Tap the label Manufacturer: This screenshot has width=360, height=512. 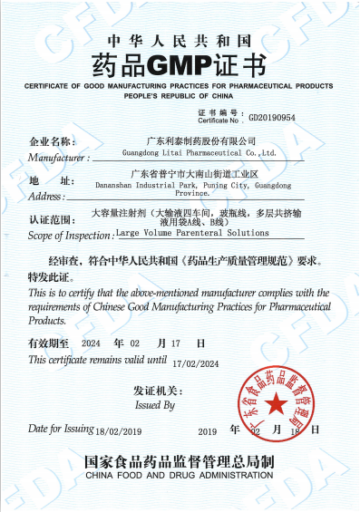[58, 157]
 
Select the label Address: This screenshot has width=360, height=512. [46, 196]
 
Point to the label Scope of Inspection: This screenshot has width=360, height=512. [72, 235]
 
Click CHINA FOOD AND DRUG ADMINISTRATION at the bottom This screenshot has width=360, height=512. [180, 474]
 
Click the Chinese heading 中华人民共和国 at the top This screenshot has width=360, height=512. [180, 42]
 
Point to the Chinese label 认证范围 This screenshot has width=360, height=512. [49, 220]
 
